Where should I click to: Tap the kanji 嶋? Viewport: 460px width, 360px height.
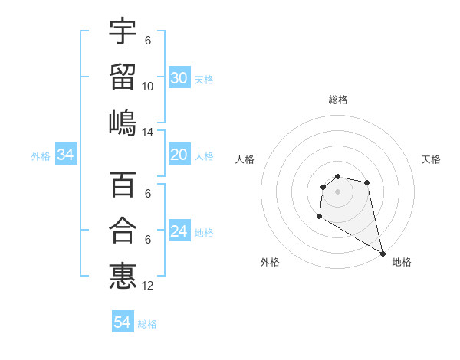[x=123, y=122]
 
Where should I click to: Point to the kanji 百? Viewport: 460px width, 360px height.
[x=123, y=185]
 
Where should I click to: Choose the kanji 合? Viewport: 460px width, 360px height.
[x=123, y=230]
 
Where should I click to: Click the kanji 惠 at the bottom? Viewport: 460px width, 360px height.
[x=123, y=276]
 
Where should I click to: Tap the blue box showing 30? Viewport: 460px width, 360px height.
[x=179, y=78]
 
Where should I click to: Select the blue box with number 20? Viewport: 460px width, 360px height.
[x=179, y=155]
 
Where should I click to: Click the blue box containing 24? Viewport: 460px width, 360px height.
[x=179, y=231]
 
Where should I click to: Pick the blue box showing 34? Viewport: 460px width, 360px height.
[x=66, y=155]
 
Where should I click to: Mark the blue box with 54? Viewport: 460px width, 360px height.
[x=122, y=322]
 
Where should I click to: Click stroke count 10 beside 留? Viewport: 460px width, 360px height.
[x=147, y=86]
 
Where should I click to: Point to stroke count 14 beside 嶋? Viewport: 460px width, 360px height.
[x=147, y=132]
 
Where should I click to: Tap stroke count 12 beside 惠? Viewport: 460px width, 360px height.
[x=147, y=286]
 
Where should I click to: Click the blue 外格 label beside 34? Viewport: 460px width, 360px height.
[x=41, y=156]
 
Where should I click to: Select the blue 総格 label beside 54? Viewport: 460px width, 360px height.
[x=147, y=324]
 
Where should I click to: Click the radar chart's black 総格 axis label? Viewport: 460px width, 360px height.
[x=337, y=100]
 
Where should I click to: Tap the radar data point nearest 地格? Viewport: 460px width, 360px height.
[x=383, y=254]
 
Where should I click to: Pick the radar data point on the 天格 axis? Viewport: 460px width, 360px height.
[x=367, y=182]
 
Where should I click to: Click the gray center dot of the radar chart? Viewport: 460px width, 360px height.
[x=337, y=191]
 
